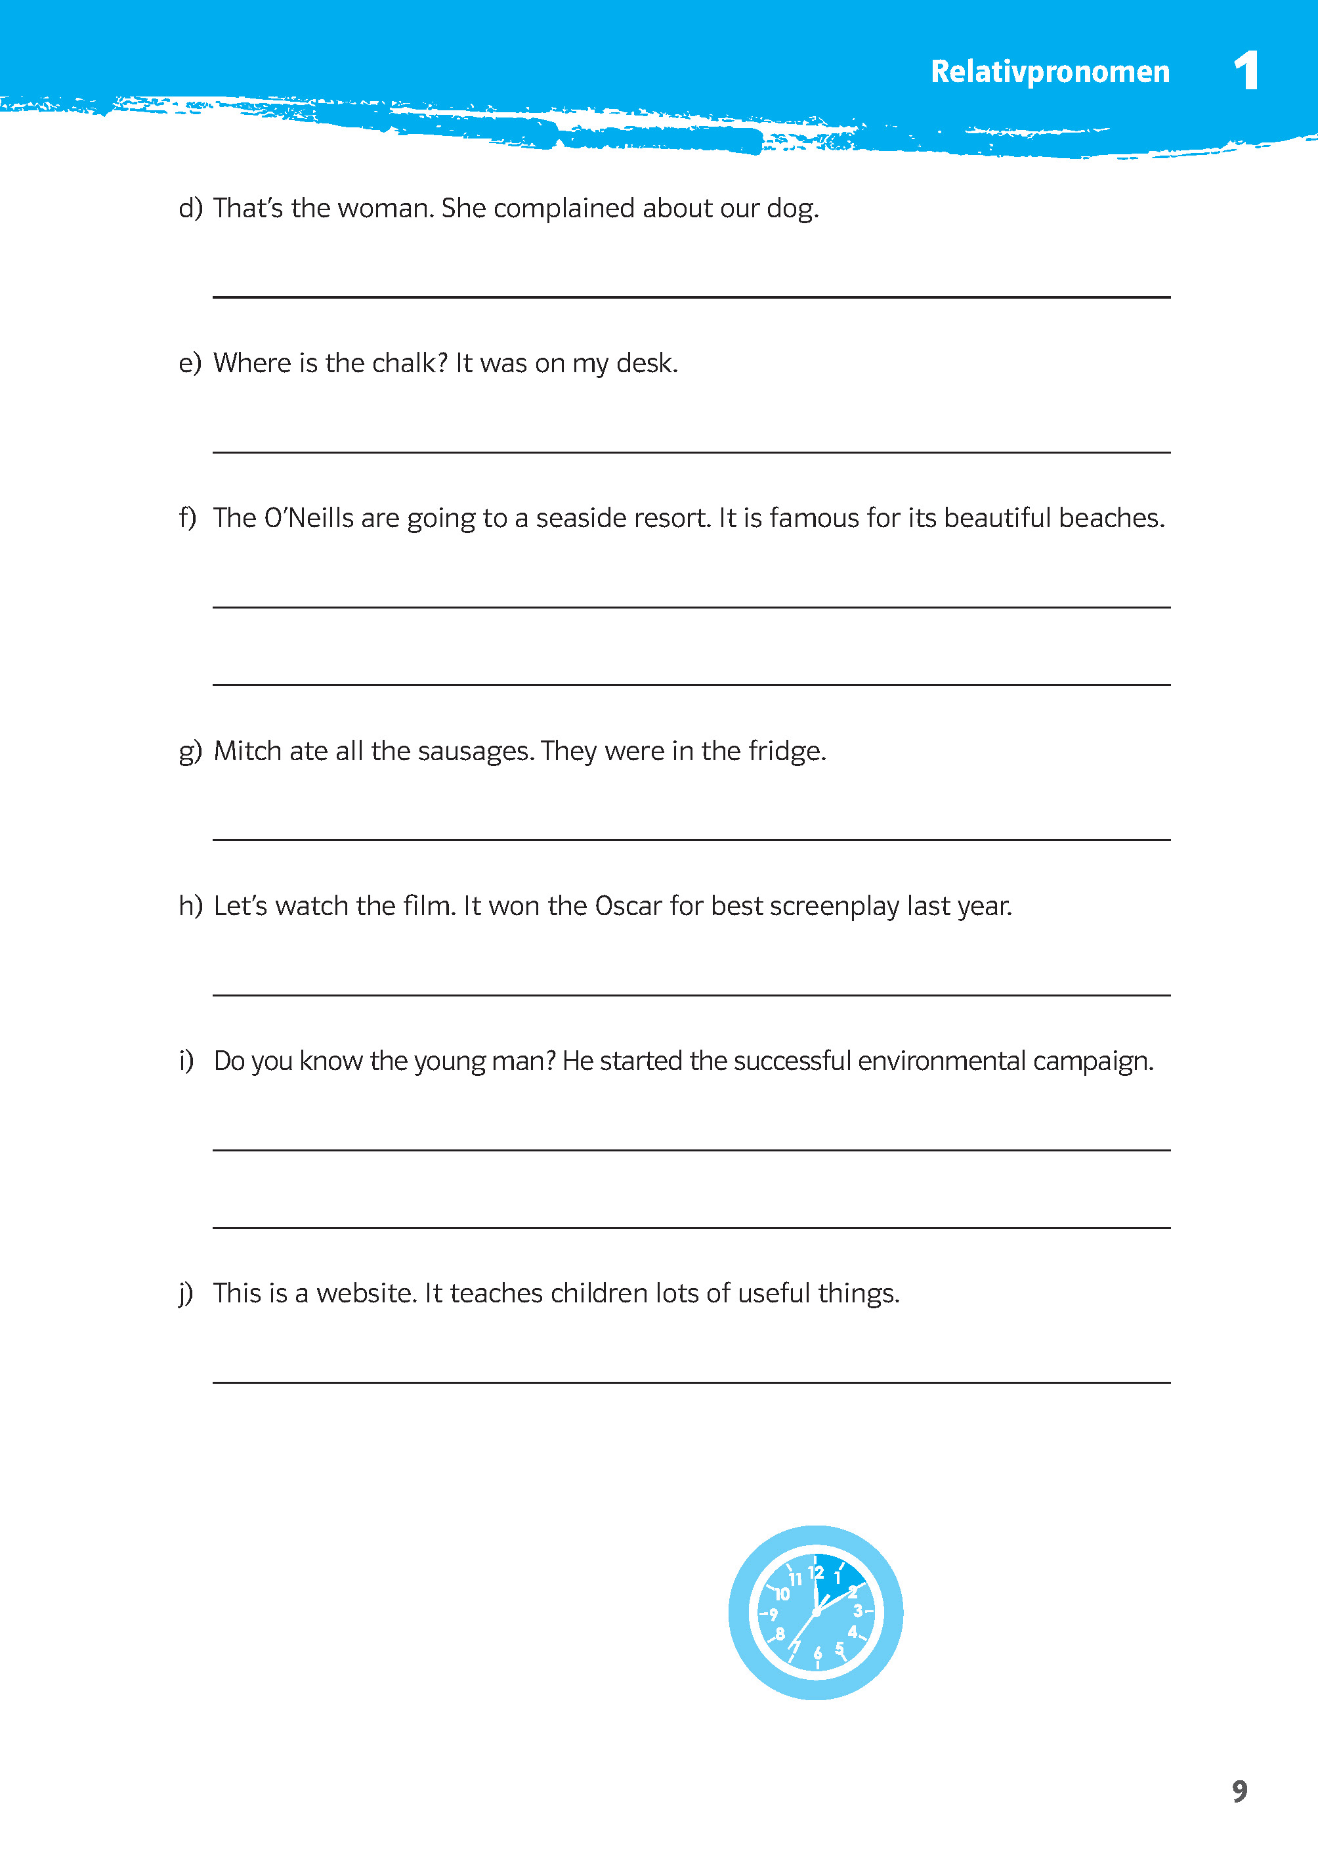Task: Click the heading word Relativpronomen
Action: pos(1050,72)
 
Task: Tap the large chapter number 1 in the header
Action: pos(1246,71)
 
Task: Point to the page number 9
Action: pos(1239,1790)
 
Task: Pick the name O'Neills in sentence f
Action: pos(308,518)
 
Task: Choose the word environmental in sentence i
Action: pos(941,1061)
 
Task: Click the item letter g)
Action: pos(190,752)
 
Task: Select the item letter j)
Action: pos(186,1294)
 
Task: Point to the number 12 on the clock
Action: pos(816,1572)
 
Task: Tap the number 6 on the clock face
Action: pos(817,1652)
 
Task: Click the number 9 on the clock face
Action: pos(773,1614)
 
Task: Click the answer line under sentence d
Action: pos(691,296)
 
